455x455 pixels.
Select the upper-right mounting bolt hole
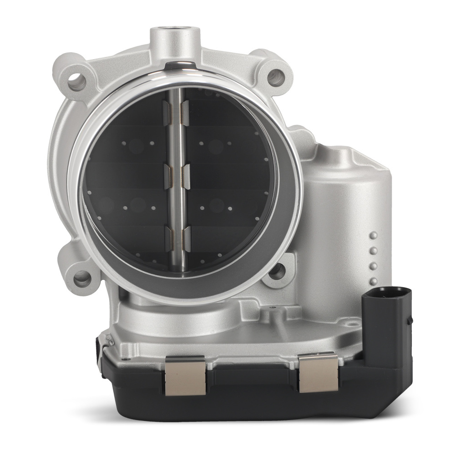276,77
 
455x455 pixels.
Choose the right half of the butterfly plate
227,191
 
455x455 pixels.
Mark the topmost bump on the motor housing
374,236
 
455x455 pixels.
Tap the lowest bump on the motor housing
374,280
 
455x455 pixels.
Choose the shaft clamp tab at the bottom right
186,239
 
